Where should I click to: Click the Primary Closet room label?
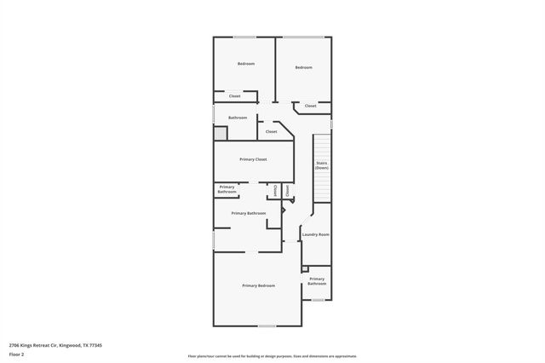pos(254,159)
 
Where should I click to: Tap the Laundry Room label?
pos(316,233)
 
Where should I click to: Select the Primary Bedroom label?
pos(259,285)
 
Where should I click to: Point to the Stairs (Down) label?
pos(322,165)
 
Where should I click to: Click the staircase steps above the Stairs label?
pos(322,145)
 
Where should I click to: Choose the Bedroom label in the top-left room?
pos(246,64)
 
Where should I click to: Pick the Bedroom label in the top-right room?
pos(304,67)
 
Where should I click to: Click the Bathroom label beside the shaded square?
pos(238,118)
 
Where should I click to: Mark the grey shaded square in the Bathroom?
pos(221,133)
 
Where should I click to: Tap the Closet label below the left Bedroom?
pos(235,96)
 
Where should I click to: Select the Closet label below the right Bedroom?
pos(311,106)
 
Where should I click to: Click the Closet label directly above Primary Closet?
pos(272,132)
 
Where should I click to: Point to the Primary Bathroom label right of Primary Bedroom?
pos(317,280)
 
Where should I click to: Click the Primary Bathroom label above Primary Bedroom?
pos(249,213)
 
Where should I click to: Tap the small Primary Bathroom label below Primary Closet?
pos(227,189)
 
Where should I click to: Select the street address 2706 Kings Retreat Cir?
pos(55,345)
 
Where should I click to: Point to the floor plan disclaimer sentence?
pos(272,356)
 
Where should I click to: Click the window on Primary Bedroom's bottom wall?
pos(267,326)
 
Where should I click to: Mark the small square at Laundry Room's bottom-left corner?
pos(305,268)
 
